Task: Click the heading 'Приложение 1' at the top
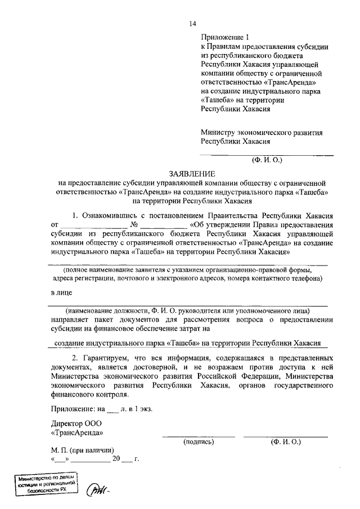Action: pos(224,38)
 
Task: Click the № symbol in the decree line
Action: pos(134,225)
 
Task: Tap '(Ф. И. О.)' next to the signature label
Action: pos(285,442)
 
